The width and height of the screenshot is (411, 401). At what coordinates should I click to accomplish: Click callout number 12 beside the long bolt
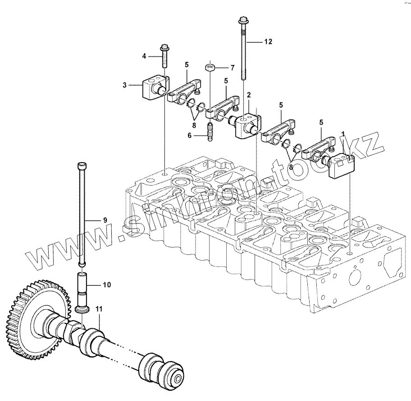pyautogui.click(x=268, y=42)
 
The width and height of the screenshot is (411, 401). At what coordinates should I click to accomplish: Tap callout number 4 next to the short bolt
pyautogui.click(x=144, y=56)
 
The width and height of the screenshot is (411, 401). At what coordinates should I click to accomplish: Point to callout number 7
pyautogui.click(x=233, y=68)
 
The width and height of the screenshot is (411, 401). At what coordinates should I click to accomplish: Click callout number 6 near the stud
pyautogui.click(x=190, y=135)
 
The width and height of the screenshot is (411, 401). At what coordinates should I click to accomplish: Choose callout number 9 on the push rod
pyautogui.click(x=105, y=220)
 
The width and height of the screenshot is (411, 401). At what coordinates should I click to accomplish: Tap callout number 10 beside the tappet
pyautogui.click(x=106, y=285)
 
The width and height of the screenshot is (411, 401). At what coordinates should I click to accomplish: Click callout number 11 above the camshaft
pyautogui.click(x=99, y=309)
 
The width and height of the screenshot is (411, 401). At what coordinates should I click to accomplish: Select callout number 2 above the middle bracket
pyautogui.click(x=249, y=95)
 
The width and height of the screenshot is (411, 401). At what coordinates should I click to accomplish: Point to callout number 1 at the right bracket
pyautogui.click(x=343, y=134)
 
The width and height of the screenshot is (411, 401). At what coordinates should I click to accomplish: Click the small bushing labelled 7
pyautogui.click(x=210, y=68)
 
